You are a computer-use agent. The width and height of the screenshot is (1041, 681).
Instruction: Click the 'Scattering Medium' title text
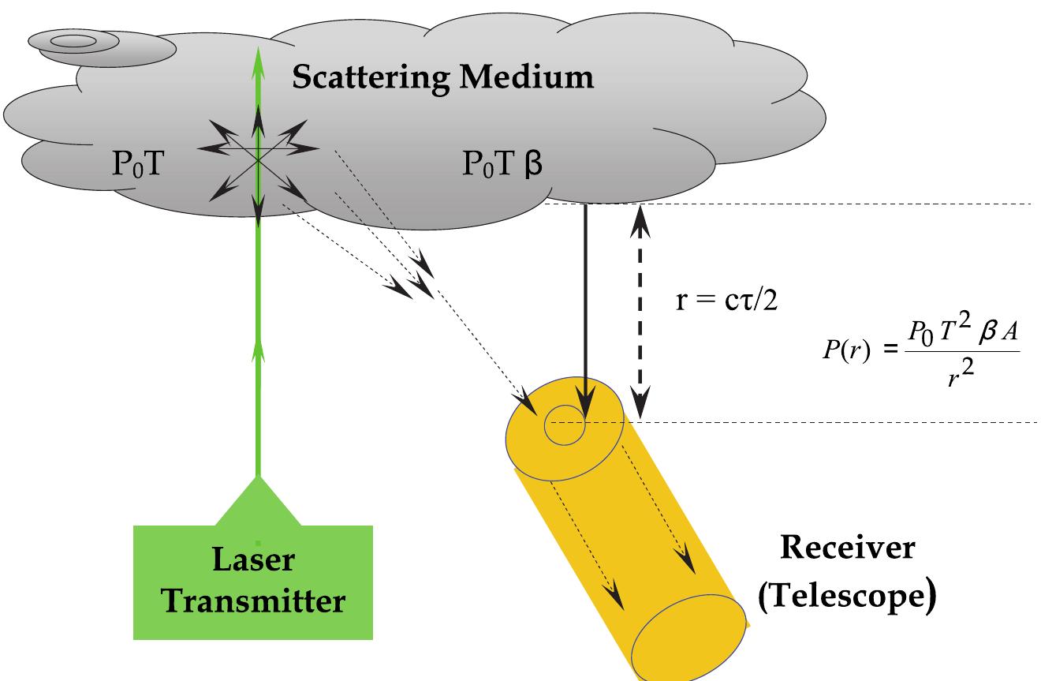[x=442, y=77]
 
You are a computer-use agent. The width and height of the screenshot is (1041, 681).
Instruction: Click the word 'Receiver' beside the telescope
[x=848, y=547]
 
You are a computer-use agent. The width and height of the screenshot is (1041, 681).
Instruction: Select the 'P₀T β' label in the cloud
[x=502, y=167]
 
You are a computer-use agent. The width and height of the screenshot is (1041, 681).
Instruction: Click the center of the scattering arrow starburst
[x=258, y=157]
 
